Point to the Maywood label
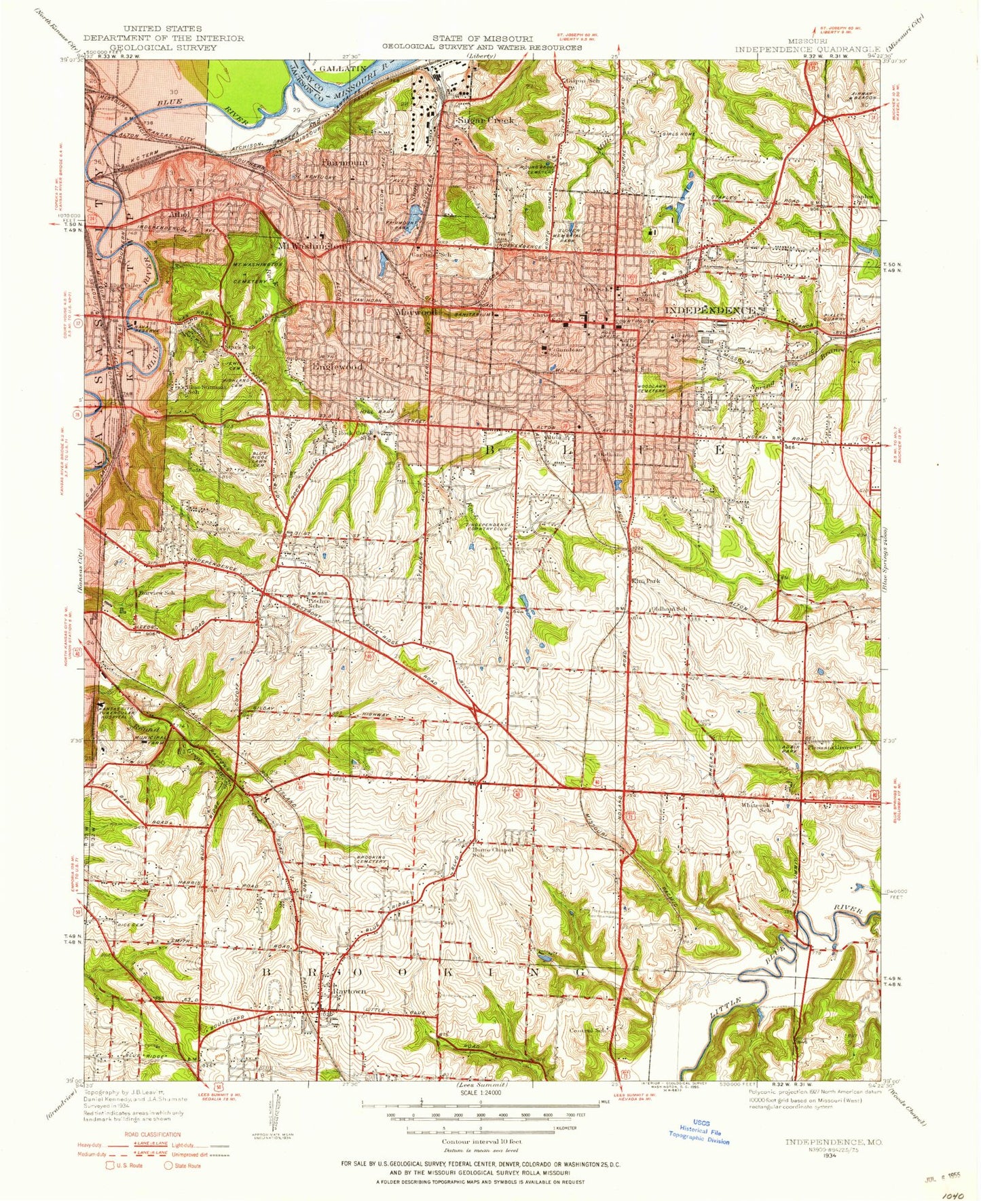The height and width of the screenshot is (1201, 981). (415, 313)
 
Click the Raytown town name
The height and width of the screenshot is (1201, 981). (349, 991)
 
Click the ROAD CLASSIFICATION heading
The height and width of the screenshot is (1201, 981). (152, 1134)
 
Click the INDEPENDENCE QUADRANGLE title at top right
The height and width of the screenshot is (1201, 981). (808, 49)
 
